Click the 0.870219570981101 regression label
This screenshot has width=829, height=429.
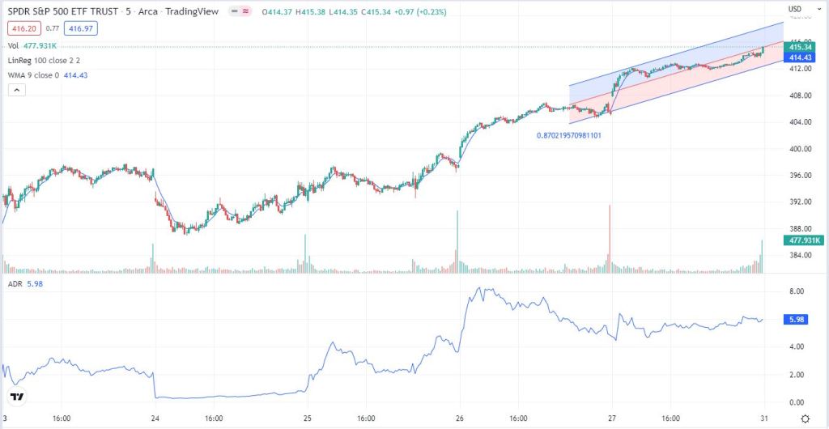(568, 135)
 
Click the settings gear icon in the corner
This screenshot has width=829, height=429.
(806, 418)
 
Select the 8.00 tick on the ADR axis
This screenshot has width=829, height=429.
(796, 291)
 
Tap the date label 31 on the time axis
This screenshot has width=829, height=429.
(763, 418)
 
